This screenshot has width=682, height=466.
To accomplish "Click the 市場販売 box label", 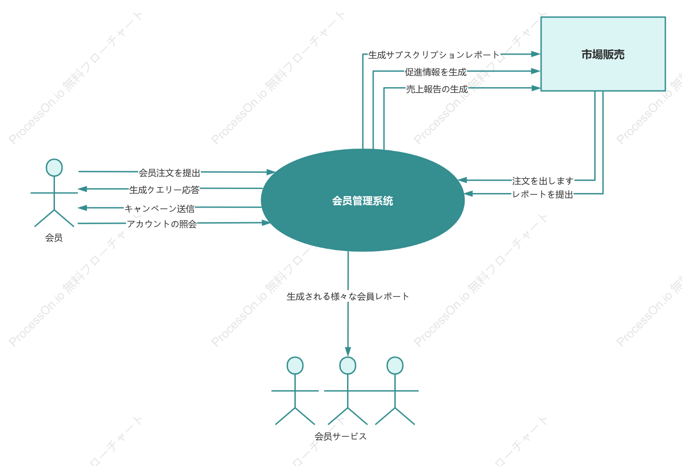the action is point(603,54).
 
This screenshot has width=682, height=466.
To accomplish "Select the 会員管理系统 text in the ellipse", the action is point(363,201).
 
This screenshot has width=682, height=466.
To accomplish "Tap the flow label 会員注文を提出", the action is point(170,173).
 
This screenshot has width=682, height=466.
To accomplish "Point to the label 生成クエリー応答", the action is point(164,190).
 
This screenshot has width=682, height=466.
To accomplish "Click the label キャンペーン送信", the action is point(159,209).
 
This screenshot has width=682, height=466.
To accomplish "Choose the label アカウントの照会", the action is point(162,224).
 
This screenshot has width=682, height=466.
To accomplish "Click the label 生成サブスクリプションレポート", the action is point(434,55).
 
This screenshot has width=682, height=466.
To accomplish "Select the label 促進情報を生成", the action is point(436,72).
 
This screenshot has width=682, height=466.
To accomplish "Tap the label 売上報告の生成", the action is point(437,89).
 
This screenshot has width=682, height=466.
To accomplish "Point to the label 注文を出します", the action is point(543,181).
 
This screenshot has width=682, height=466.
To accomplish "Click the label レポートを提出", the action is point(542,194).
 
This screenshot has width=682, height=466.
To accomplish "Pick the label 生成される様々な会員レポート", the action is point(348,296).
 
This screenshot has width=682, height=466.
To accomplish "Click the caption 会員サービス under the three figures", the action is point(341,436).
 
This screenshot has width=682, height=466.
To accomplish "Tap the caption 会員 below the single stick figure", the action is point(54,237).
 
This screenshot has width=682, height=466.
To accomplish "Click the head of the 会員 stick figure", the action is point(54,168).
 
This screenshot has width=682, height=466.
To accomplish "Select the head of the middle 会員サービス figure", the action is point(348,365).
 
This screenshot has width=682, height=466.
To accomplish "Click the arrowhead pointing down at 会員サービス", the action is point(348,352).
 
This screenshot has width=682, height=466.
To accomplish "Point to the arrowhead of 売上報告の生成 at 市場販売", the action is point(536,88).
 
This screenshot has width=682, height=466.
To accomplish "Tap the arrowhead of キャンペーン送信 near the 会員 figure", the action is point(82,208).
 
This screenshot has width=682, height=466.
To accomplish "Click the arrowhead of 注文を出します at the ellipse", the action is point(462,180).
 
